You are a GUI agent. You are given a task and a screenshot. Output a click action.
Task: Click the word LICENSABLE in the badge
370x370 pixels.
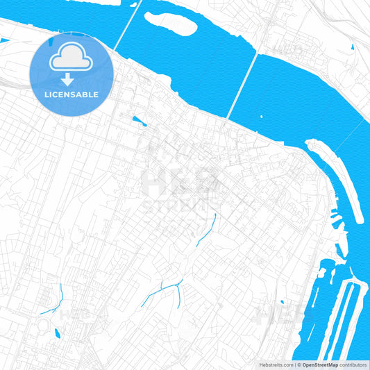click(x=72, y=94)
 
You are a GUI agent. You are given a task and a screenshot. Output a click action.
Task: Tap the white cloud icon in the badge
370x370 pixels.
click(x=72, y=58)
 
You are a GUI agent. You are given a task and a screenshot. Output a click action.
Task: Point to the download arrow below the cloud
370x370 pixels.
click(x=72, y=78)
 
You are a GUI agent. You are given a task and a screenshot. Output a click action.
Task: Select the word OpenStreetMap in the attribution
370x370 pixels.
click(x=320, y=364)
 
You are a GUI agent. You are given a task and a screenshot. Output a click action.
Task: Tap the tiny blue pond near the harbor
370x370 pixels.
click(x=283, y=302)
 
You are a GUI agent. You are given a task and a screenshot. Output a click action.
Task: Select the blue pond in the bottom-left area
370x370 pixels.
click(x=56, y=335)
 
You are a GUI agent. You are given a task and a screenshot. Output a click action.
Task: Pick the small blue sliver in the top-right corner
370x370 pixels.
click(x=353, y=47)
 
